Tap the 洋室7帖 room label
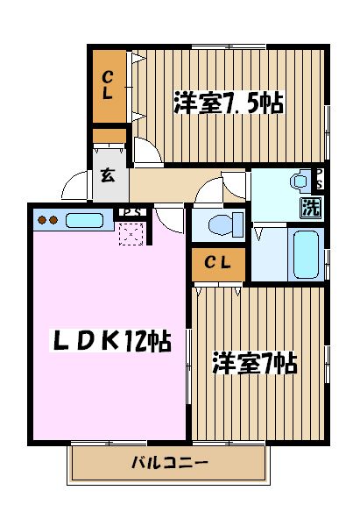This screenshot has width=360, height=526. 254,362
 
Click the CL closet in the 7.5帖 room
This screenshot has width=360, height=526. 109,85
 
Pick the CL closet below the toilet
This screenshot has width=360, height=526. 219,263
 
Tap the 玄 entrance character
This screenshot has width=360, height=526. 108,175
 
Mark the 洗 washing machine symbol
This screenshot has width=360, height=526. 311,207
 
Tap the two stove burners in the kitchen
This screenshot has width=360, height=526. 47,220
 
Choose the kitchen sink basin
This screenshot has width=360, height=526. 84,220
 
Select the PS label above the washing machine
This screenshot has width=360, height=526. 318,179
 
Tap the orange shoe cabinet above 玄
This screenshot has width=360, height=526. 110,137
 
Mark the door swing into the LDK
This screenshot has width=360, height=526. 173,217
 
